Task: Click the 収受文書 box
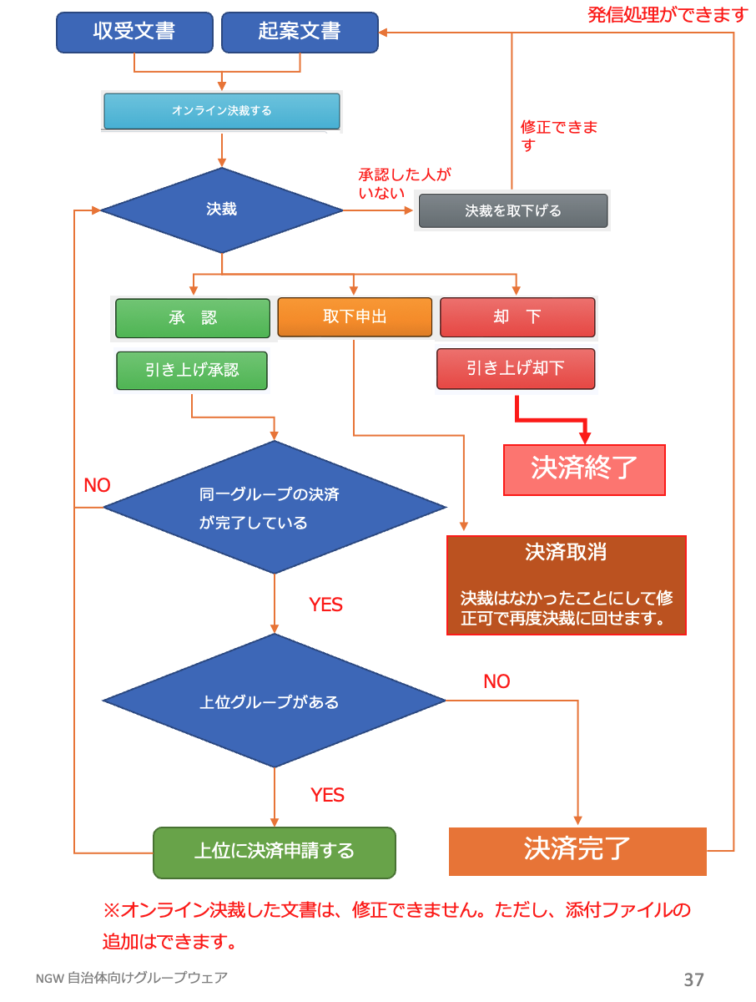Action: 134,33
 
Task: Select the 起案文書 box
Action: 300,33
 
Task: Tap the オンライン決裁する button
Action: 222,111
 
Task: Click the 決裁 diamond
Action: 222,210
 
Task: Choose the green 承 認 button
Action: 193,318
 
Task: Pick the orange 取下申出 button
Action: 355,317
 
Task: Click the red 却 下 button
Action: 517,317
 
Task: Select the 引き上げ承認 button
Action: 192,370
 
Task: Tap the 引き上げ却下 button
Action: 516,368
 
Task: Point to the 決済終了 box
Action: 584,469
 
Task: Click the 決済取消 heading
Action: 566,552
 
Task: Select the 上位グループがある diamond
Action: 275,701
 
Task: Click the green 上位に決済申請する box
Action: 275,852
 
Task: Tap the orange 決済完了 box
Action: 577,850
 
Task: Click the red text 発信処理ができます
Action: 668,14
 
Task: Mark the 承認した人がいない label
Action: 404,184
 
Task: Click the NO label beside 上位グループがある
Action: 496,681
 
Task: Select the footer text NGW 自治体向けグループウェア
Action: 131,978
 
